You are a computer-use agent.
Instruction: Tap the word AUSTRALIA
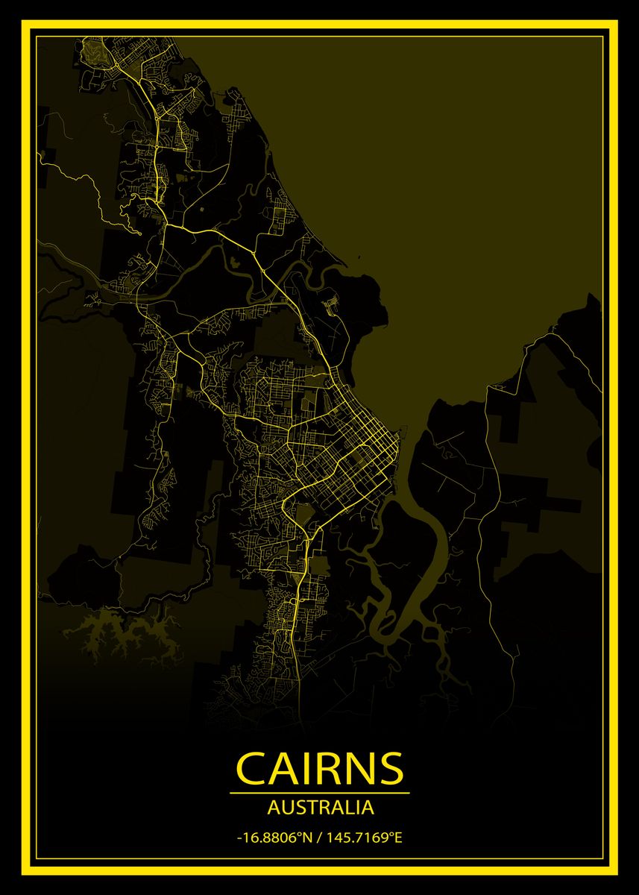coord(320,807)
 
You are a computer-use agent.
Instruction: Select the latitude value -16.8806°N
coord(273,838)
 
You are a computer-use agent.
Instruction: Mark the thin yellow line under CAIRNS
coord(319,793)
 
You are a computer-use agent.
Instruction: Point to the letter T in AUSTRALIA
coord(309,807)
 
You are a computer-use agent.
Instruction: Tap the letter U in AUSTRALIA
coord(284,807)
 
